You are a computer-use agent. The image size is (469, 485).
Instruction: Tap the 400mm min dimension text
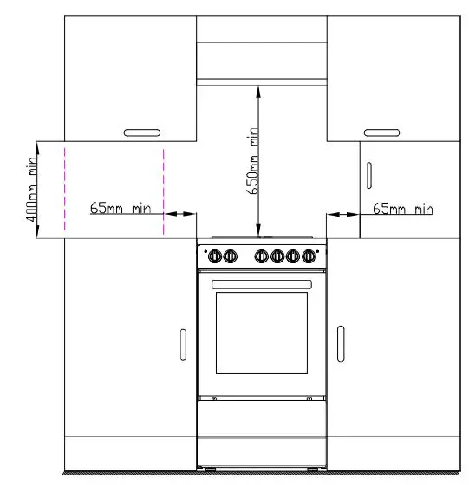pos(32,191)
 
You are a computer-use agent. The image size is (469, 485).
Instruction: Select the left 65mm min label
pos(121,209)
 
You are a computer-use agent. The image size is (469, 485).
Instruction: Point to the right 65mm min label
pos(402,209)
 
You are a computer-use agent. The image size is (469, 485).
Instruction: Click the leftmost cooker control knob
pos(215,255)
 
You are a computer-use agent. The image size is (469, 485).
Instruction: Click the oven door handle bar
pos(261,283)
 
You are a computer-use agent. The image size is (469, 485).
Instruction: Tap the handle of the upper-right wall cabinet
pos(381,133)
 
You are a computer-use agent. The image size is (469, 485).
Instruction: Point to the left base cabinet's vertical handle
pos(182,344)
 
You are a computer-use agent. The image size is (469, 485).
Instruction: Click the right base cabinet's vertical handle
pos(341,344)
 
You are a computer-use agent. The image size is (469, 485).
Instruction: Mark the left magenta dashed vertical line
pos(64,191)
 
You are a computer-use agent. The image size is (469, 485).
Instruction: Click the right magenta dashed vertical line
pos(163,191)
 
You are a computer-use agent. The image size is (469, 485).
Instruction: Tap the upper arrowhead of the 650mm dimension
pos(259,87)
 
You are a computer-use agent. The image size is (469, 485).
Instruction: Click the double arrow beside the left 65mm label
pos(180,213)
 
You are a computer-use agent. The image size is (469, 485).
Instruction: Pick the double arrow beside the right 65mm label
pos(343,213)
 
